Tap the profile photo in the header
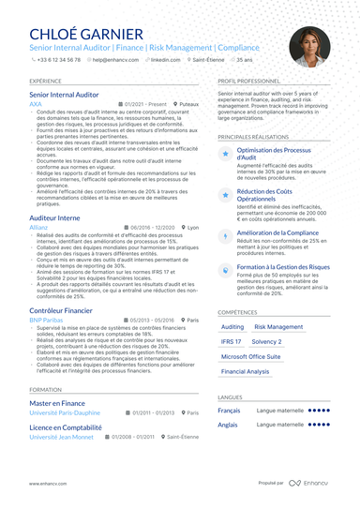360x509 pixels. point(309,46)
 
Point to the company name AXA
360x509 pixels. point(36,103)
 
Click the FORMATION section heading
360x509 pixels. point(44,388)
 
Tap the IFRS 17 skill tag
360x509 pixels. point(232,342)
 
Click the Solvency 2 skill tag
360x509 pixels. point(266,342)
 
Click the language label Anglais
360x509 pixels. point(228,425)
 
